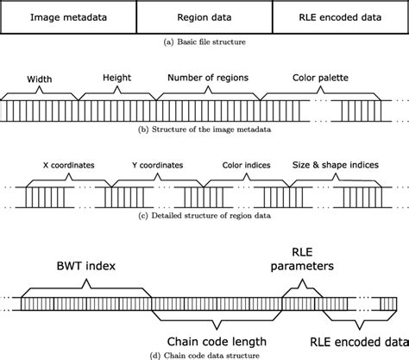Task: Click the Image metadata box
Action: [x=68, y=16]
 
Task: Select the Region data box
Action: [x=204, y=16]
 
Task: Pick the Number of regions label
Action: [x=207, y=77]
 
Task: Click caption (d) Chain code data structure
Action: [x=204, y=355]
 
